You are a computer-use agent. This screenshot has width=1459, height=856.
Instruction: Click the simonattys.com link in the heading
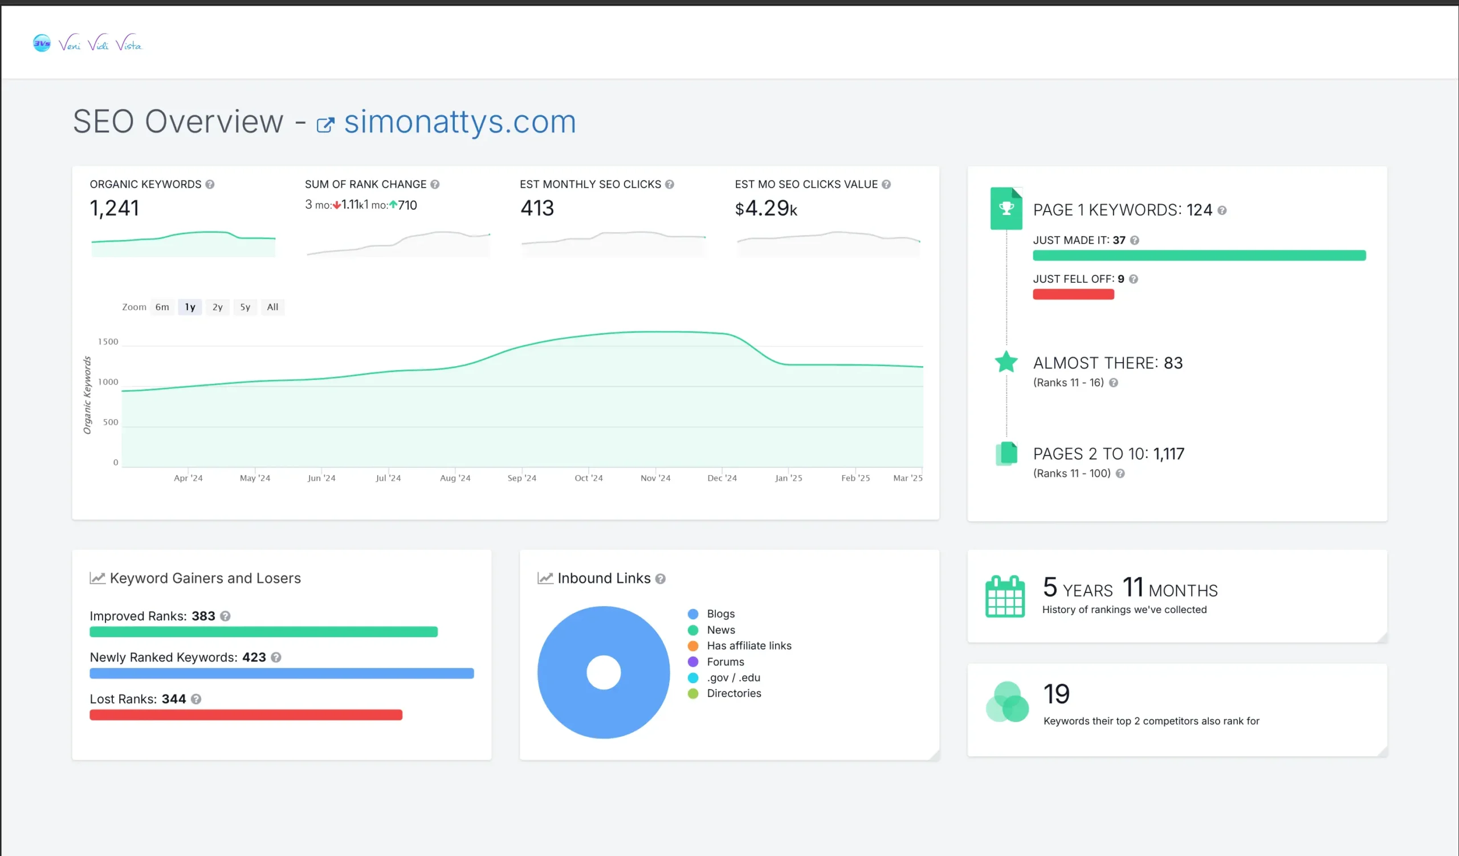[460, 122]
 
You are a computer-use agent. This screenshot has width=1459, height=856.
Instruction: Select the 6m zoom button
[162, 307]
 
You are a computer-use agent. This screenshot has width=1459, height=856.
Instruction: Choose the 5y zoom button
[245, 307]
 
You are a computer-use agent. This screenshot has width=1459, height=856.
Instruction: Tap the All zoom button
[272, 307]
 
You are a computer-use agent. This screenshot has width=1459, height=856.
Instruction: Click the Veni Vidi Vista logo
[87, 43]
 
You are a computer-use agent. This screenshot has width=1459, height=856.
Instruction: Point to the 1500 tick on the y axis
[108, 342]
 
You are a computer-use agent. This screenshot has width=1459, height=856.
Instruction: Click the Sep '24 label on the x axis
[521, 478]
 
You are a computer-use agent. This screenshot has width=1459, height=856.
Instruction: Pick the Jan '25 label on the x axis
[789, 478]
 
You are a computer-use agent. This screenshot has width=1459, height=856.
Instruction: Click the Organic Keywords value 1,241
[115, 208]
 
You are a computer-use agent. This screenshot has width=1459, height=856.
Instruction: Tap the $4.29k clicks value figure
[765, 208]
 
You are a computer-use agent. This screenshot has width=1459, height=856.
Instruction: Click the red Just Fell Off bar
[1073, 294]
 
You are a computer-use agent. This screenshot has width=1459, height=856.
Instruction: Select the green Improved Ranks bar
[263, 632]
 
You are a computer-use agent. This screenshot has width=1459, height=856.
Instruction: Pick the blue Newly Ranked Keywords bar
[282, 674]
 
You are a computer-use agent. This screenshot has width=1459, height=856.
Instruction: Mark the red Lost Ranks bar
[246, 715]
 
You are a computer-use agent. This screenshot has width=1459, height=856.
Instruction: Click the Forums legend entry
[725, 662]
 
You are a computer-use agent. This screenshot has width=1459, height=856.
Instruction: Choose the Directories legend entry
[733, 693]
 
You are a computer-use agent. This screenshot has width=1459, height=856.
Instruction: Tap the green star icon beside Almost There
[1006, 362]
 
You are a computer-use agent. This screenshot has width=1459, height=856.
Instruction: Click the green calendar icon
[1005, 597]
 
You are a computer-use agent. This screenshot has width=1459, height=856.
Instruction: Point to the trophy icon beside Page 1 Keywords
[1006, 208]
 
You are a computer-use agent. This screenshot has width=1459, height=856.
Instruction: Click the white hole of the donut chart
[604, 672]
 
